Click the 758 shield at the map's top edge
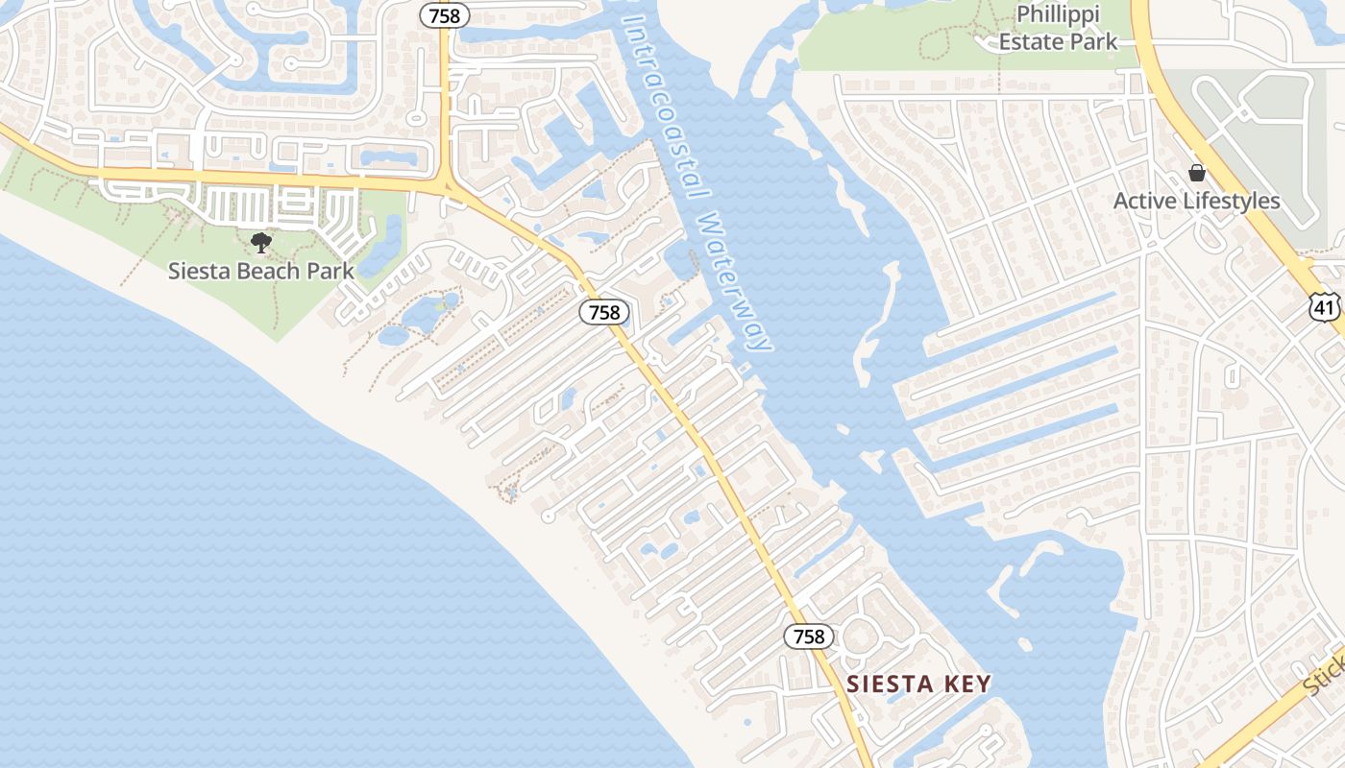pyautogui.click(x=445, y=15)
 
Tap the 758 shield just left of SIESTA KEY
pyautogui.click(x=809, y=636)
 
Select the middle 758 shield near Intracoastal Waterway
pyautogui.click(x=604, y=311)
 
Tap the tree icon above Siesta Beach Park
pyautogui.click(x=260, y=243)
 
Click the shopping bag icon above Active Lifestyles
pyautogui.click(x=1197, y=174)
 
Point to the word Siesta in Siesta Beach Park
pyautogui.click(x=199, y=271)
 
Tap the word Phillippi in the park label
pyautogui.click(x=1058, y=15)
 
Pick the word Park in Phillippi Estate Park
pyautogui.click(x=1097, y=41)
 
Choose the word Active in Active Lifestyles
pyautogui.click(x=1143, y=201)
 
